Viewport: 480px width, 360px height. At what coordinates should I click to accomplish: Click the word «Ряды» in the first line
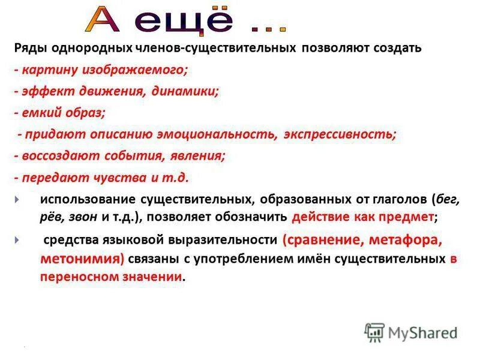click(x=31, y=47)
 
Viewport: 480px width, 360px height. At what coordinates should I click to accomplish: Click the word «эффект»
click(x=44, y=91)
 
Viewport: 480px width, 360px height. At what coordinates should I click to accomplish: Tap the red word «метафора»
click(x=402, y=241)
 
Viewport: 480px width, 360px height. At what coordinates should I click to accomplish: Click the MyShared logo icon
click(x=374, y=332)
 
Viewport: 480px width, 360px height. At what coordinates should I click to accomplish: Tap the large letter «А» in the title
click(x=106, y=19)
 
